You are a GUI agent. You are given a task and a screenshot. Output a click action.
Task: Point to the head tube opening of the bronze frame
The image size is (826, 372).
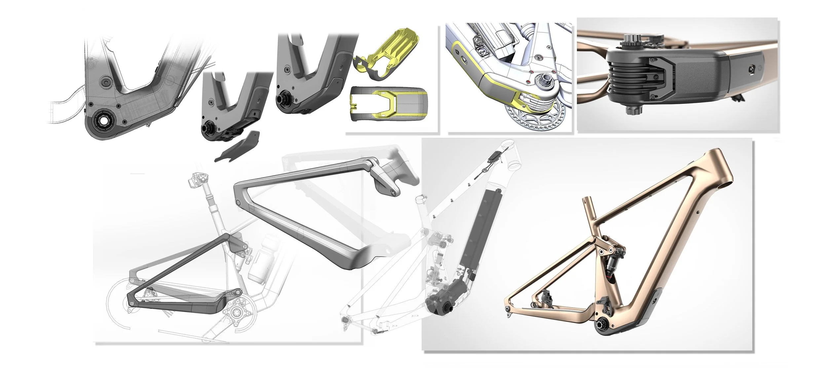(x=724, y=186)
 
